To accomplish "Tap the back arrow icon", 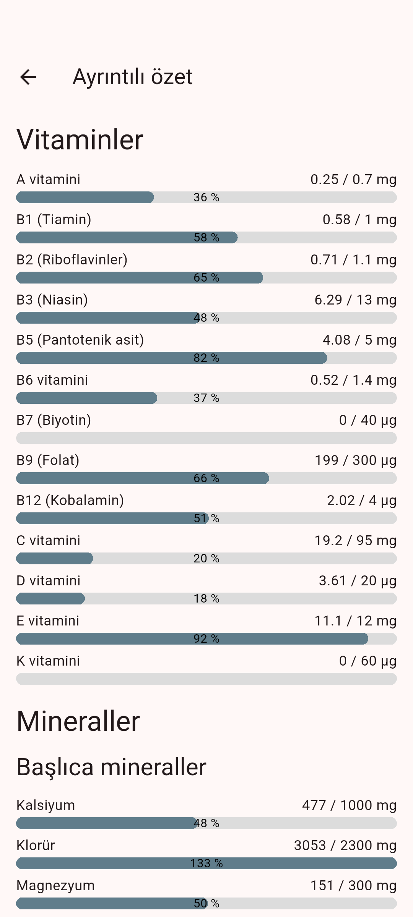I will pos(28,77).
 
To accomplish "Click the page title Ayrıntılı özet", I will pos(132,77).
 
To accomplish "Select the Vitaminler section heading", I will pos(80,140).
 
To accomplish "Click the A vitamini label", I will pos(49,180).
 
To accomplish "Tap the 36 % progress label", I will pos(206,198).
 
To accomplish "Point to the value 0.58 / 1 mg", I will pos(359,220).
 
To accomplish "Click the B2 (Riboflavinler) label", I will pos(72,260).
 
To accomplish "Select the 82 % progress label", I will pos(206,358).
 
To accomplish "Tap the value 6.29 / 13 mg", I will pos(355,300).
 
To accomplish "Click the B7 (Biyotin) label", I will pos(54,420).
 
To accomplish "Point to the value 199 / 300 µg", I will pos(355,460).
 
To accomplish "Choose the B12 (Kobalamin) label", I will pos(70,501).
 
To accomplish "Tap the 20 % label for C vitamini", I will pos(206,559).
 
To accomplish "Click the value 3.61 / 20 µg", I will pos(357,581).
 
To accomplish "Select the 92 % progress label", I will pos(206,639).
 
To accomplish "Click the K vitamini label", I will pos(48,661).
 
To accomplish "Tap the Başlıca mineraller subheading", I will pos(111,767).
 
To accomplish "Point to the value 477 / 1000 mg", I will pos(349,805).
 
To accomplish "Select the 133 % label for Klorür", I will pos(206,864).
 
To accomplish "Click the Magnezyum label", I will pos(55,886).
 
